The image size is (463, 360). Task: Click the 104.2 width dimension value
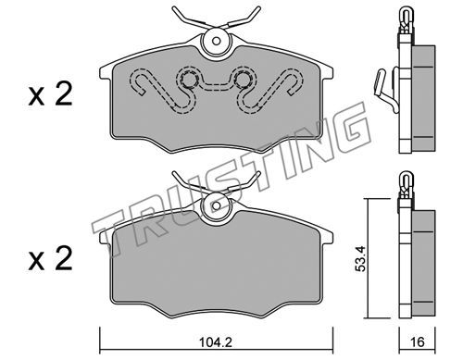pyautogui.click(x=216, y=342)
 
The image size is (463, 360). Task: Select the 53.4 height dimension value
pyautogui.click(x=360, y=258)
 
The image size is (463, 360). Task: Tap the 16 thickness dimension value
pyautogui.click(x=418, y=342)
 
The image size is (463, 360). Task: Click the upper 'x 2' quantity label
pyautogui.click(x=50, y=94)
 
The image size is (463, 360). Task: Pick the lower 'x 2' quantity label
pyautogui.click(x=50, y=259)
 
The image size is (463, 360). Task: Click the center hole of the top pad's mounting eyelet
pyautogui.click(x=217, y=41)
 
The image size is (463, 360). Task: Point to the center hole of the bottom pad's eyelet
pyautogui.click(x=217, y=205)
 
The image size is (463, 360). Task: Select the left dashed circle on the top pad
pyautogui.click(x=188, y=81)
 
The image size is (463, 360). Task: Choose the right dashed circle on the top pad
pyautogui.click(x=243, y=81)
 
